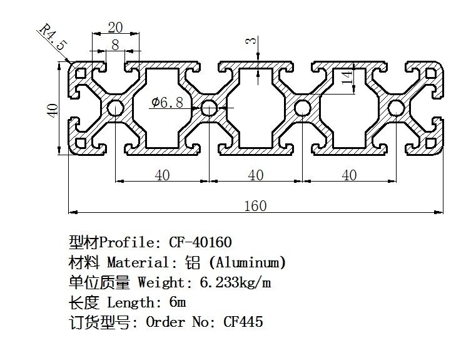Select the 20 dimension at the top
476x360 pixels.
[115, 27]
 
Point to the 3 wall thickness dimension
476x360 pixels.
[250, 42]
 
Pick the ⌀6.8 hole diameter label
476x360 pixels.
[167, 103]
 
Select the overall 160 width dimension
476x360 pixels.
[255, 205]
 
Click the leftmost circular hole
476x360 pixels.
[115, 108]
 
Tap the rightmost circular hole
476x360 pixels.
[396, 108]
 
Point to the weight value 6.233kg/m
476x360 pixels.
[236, 282]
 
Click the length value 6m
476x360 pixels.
[178, 302]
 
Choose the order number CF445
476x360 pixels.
[243, 322]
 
